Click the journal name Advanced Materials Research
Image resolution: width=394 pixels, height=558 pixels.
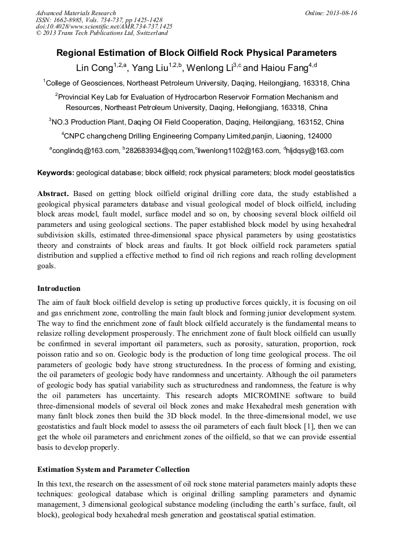(76, 13)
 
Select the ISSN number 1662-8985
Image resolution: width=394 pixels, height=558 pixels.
(72, 20)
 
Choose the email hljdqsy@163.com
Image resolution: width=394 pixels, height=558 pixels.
(316, 151)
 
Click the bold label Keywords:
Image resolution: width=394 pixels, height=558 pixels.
(55, 173)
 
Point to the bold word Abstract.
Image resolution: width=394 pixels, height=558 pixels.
(53, 193)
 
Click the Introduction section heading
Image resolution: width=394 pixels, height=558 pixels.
(59, 289)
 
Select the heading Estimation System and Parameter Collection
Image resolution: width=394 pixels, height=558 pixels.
(113, 469)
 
